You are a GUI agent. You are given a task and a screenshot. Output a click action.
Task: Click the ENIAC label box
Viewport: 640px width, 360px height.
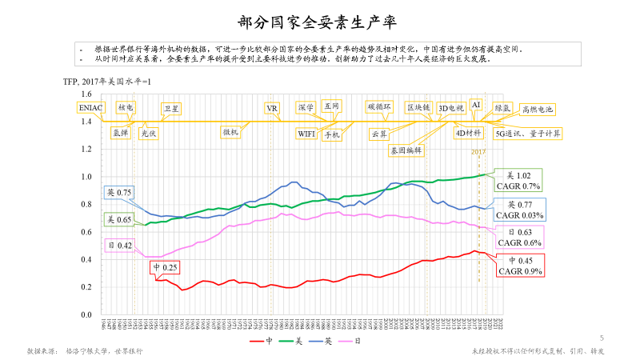(x=90, y=106)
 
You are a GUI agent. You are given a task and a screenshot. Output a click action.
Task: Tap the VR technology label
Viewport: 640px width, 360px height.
(x=272, y=108)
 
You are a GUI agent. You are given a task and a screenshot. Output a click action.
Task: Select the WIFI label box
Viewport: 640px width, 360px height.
(x=306, y=134)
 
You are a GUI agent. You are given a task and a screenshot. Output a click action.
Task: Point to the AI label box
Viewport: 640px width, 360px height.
(x=476, y=105)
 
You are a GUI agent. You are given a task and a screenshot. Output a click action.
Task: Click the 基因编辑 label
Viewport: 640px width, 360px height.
(x=406, y=150)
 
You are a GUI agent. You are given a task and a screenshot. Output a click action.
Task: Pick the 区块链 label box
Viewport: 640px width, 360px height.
(x=418, y=106)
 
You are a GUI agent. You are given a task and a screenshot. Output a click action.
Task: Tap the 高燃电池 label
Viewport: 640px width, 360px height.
(x=538, y=110)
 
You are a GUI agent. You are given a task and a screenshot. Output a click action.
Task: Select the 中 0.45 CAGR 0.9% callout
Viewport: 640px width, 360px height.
(x=518, y=266)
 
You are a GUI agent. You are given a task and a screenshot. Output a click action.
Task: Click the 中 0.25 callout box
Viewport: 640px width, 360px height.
(x=166, y=266)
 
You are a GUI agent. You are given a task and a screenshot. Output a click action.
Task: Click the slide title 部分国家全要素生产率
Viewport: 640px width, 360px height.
(x=319, y=21)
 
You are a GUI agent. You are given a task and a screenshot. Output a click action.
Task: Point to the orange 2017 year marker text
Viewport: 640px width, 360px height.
(x=478, y=152)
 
